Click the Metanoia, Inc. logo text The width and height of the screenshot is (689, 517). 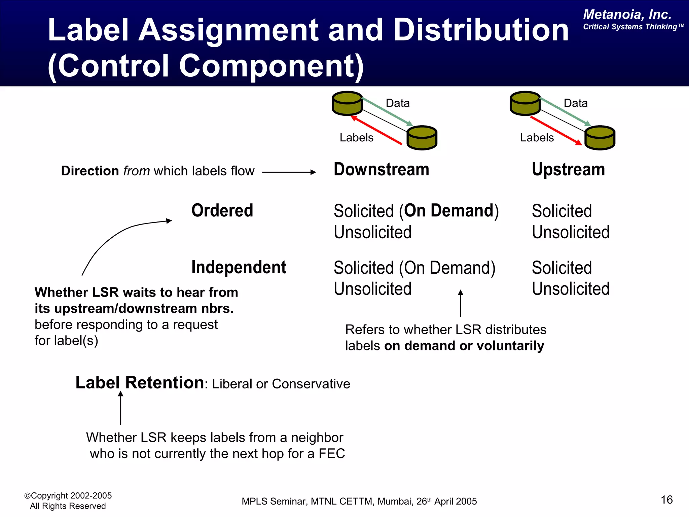coord(627,15)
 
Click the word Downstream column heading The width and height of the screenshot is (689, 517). coord(381,169)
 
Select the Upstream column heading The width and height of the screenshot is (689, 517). coord(568,169)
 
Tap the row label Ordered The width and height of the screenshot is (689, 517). coord(222,211)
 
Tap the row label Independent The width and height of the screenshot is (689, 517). coord(239,268)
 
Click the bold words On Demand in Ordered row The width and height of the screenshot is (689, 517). coord(448,211)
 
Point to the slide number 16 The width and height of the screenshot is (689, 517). coord(666,500)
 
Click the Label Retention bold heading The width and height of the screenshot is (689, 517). coord(140,383)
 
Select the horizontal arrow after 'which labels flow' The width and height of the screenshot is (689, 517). coord(289,172)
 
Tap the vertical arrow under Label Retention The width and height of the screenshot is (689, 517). coord(120,408)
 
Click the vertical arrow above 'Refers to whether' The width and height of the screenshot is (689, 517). coord(461,303)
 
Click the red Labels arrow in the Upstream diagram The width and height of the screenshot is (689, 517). coord(556,131)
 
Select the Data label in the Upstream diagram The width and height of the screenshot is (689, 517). coord(575,103)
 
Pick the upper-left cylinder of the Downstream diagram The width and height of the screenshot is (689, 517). coord(347,103)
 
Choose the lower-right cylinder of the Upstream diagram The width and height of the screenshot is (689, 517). coord(600,138)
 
